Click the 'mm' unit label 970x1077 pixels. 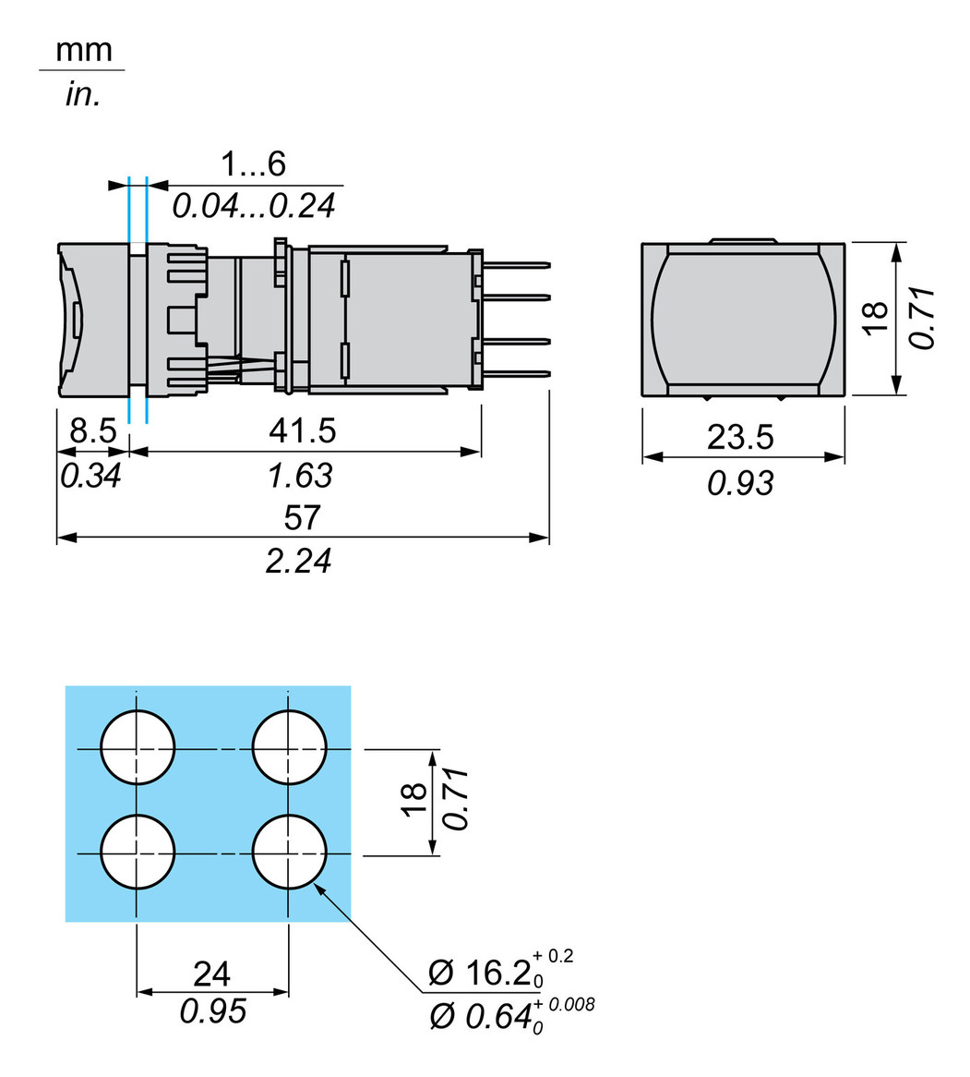coord(83,50)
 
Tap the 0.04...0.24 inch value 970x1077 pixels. coord(253,205)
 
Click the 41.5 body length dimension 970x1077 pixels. coord(302,430)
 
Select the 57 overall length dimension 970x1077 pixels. coord(302,517)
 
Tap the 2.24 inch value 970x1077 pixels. coord(298,560)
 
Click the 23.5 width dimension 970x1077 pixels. coord(740,437)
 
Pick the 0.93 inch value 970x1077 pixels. coord(740,481)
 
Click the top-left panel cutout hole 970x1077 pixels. coord(138,747)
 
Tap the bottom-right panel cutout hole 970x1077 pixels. coord(289,852)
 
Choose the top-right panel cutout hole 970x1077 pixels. coord(289,747)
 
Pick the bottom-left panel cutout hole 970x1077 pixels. coord(138,852)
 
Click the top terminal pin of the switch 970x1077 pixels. coord(517,266)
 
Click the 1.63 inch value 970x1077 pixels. coord(299,476)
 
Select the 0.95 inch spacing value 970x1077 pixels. coord(212,1011)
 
